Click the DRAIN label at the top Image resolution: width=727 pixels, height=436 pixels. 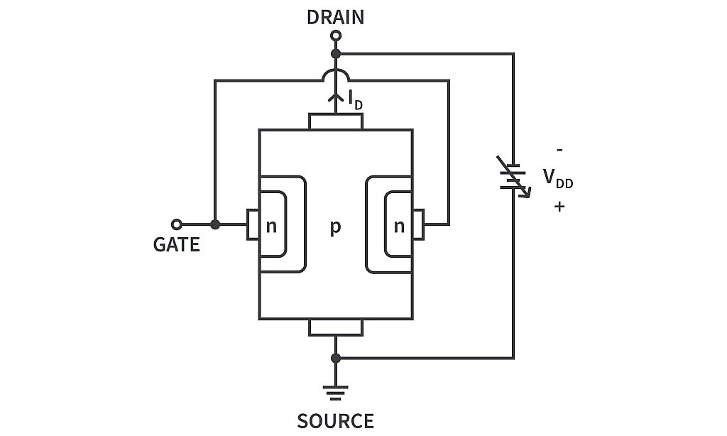click(335, 17)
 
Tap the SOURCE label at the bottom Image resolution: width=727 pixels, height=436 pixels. click(335, 421)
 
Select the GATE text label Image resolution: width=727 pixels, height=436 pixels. click(176, 245)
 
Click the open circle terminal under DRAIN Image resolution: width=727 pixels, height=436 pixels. click(336, 36)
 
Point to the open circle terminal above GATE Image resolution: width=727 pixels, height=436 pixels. click(177, 224)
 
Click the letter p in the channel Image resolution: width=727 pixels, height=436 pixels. click(335, 228)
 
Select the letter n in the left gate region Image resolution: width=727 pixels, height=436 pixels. click(270, 227)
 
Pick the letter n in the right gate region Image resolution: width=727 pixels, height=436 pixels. click(399, 227)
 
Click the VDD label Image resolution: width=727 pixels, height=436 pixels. click(558, 178)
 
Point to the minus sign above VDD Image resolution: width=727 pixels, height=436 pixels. click(560, 151)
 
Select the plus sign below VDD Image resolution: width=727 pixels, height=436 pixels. click(560, 207)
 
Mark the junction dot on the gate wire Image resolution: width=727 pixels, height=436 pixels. click(215, 224)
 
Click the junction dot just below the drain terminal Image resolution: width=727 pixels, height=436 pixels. click(336, 53)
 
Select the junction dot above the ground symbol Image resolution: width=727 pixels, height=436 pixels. click(336, 358)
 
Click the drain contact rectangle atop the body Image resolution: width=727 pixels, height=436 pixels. click(336, 121)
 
